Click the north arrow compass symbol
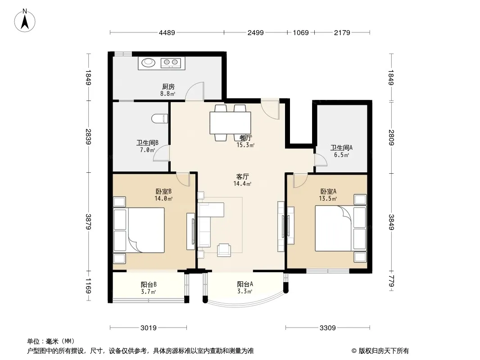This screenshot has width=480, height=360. [x=25, y=21]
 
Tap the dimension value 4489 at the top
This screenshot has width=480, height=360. [x=167, y=33]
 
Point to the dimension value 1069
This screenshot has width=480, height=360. [x=301, y=33]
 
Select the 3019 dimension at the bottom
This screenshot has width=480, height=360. [x=149, y=328]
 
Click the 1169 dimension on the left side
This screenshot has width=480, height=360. [x=88, y=286]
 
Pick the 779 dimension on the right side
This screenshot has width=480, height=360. [x=391, y=281]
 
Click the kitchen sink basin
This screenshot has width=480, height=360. [x=149, y=62]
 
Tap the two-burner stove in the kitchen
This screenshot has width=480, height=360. [x=171, y=63]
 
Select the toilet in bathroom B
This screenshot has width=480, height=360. [x=159, y=119]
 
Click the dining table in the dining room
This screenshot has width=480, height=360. [x=230, y=123]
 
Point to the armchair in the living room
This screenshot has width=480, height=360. [x=224, y=250]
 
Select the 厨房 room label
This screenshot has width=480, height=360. [x=168, y=87]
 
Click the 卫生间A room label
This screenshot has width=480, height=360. [x=341, y=148]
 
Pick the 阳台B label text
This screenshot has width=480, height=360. [x=149, y=284]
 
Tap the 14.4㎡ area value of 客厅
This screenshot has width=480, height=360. [x=242, y=184]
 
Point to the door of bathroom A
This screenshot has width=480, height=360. [x=321, y=160]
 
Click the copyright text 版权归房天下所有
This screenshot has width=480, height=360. [x=384, y=351]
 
